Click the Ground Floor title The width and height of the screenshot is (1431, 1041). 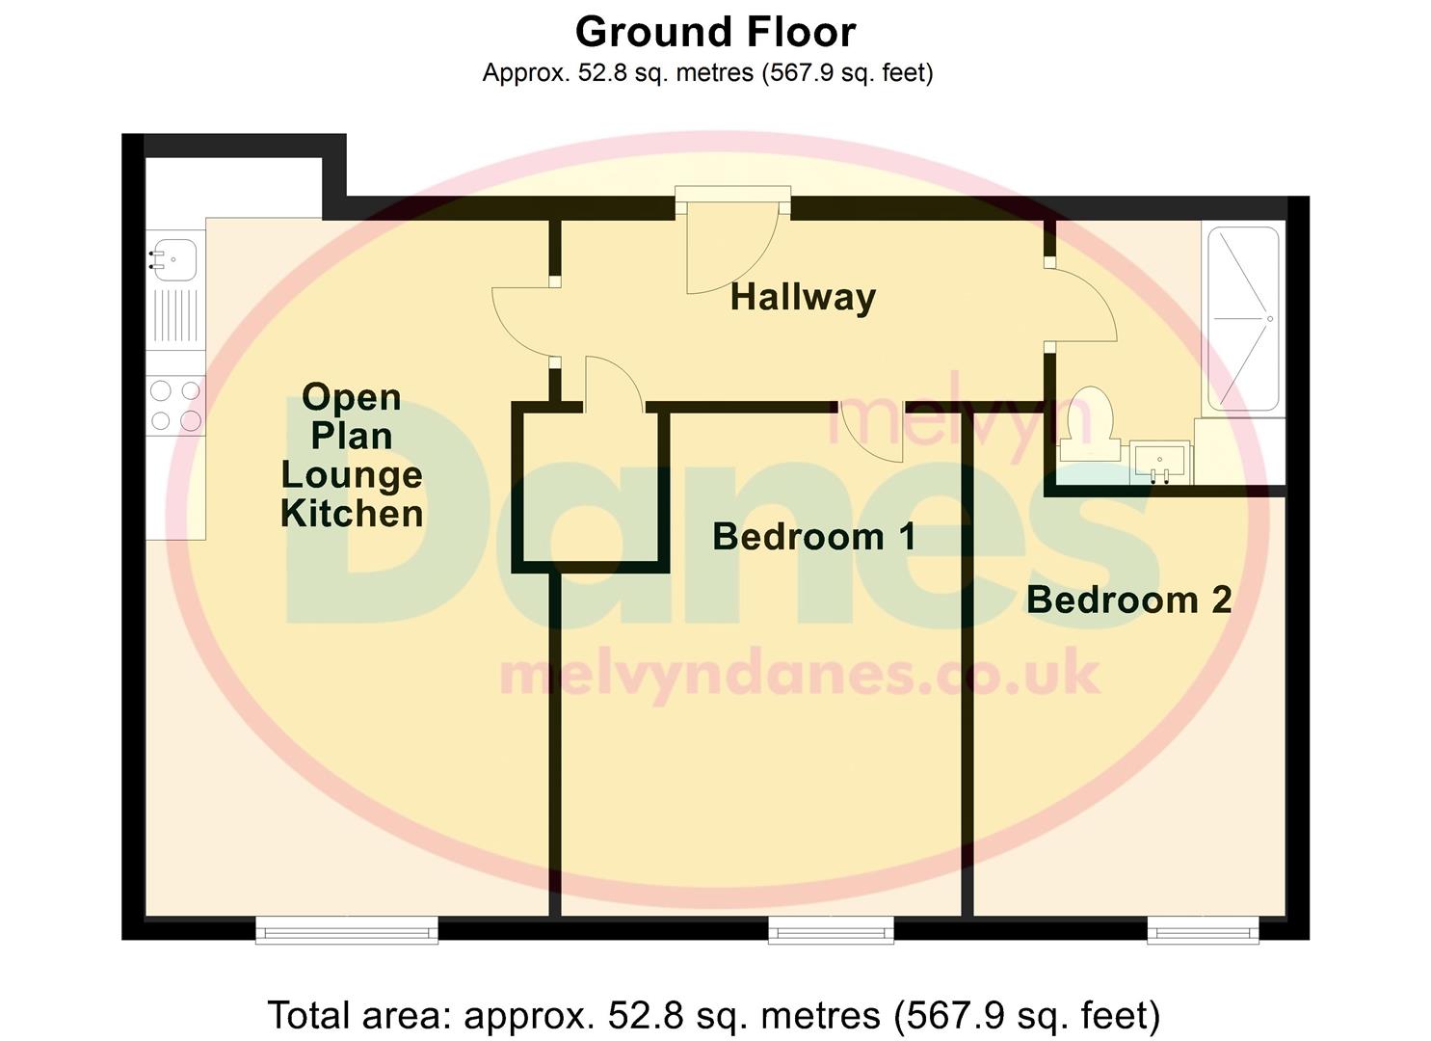point(715,32)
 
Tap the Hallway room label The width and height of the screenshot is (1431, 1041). point(803,297)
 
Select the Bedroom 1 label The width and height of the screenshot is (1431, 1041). point(814,536)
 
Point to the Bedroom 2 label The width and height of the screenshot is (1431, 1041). point(1128,600)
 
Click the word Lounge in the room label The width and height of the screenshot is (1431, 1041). point(352,474)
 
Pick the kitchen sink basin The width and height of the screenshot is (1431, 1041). point(174,258)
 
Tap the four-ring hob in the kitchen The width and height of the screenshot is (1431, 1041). point(175,405)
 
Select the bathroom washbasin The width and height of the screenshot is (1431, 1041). point(1160,462)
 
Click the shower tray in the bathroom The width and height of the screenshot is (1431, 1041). point(1243,318)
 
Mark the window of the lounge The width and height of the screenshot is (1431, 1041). point(347,929)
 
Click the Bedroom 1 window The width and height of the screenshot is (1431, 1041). point(831,929)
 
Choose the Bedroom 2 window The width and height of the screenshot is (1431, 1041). point(1203,929)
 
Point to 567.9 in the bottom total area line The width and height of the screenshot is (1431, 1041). point(950,1015)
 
